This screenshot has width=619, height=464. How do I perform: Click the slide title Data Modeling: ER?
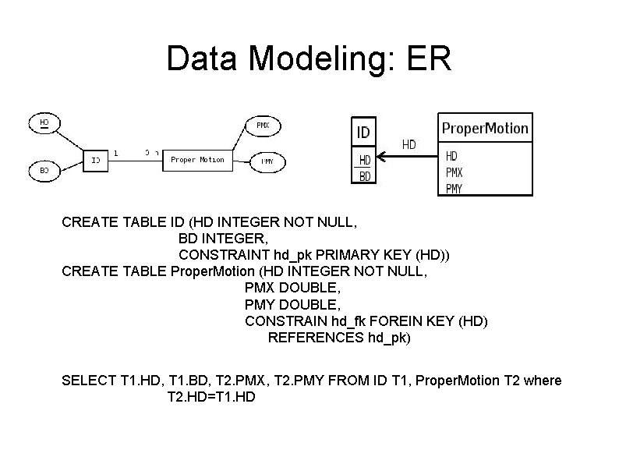[x=309, y=59]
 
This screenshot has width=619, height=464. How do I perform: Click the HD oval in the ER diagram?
[x=44, y=123]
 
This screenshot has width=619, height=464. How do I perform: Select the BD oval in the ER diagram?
[x=44, y=169]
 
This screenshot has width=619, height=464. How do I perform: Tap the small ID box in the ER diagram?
[x=95, y=160]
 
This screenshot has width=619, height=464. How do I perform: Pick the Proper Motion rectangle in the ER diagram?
[x=197, y=160]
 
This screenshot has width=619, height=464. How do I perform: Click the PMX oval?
[x=263, y=125]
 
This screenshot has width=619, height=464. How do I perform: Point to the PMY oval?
[x=267, y=161]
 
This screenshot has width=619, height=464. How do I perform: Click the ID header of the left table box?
[x=363, y=132]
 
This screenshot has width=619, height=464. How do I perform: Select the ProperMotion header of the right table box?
[x=485, y=127]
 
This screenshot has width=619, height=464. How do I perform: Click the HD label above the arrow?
[x=409, y=144]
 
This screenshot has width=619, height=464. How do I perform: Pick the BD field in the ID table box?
[x=365, y=176]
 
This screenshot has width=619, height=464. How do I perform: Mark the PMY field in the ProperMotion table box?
[x=455, y=188]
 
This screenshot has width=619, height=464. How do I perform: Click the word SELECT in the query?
[x=89, y=381]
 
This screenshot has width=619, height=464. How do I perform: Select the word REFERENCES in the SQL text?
[x=315, y=338]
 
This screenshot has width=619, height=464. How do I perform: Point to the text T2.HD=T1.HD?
[x=211, y=397]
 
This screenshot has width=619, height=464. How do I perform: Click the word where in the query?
[x=543, y=381]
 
